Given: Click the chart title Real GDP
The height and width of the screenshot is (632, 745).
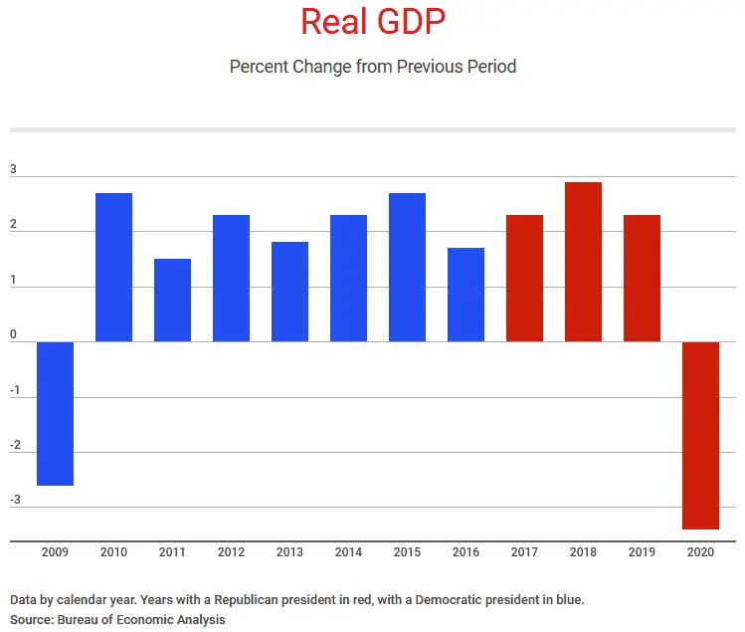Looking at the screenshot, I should pyautogui.click(x=372, y=22).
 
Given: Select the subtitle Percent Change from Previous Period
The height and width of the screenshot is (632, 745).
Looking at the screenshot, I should pyautogui.click(x=372, y=67).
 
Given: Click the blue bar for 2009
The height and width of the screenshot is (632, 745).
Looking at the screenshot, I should pyautogui.click(x=55, y=413).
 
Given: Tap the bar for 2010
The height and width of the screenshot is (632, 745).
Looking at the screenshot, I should pyautogui.click(x=113, y=267).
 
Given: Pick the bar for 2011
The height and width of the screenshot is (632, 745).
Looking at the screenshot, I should pyautogui.click(x=172, y=300).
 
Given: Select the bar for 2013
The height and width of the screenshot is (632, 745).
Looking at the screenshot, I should pyautogui.click(x=289, y=292).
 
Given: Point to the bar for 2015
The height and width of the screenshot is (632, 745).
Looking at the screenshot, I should pyautogui.click(x=407, y=267).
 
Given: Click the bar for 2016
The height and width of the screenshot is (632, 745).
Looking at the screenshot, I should pyautogui.click(x=466, y=295).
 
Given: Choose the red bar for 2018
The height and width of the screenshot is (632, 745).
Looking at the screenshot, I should pyautogui.click(x=583, y=262).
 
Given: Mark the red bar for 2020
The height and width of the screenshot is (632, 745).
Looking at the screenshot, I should pyautogui.click(x=700, y=435).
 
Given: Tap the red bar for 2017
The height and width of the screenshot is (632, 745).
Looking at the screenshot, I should pyautogui.click(x=524, y=278).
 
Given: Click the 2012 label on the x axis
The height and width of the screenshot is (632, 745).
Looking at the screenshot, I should pyautogui.click(x=231, y=551).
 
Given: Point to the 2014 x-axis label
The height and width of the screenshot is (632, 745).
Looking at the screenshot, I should pyautogui.click(x=348, y=551).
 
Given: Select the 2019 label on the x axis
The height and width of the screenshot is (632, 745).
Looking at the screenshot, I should pyautogui.click(x=642, y=551).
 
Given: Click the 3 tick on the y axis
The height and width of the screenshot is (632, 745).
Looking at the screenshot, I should pyautogui.click(x=14, y=169).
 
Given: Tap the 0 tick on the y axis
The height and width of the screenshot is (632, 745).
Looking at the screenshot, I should pyautogui.click(x=14, y=334).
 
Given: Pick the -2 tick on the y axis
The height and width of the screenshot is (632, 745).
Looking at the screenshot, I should pyautogui.click(x=14, y=444).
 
